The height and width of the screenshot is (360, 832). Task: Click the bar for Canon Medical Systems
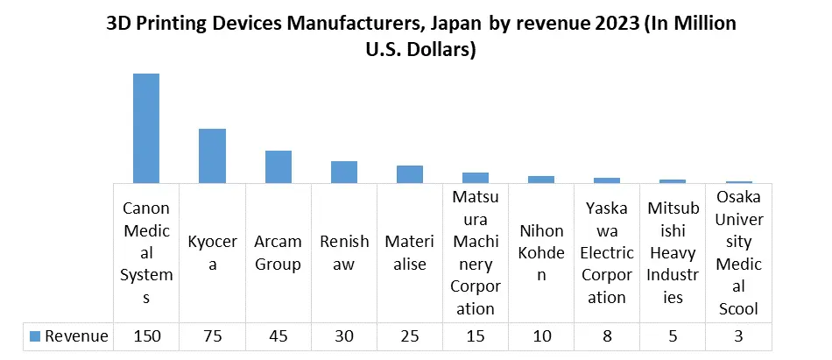pos(146,128)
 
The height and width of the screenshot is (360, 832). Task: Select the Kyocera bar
pos(212,156)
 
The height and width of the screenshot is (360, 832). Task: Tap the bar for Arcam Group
pos(279,166)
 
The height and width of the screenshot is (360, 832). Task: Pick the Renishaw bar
pos(344,172)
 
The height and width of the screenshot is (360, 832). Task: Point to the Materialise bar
pos(410,174)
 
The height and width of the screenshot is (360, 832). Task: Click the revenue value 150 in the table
pos(146,336)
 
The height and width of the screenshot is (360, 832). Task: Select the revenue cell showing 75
pos(212,336)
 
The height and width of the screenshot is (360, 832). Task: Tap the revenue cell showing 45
pos(279,336)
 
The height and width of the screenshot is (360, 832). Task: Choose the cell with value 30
pos(344,336)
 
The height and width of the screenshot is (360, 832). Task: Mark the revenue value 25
pos(410,336)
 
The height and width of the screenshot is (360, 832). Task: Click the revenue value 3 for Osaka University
pos(739,336)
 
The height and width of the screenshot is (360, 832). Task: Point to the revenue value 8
pos(607,336)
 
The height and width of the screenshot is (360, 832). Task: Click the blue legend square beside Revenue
pos(35,336)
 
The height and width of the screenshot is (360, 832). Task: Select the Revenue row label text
pos(76,336)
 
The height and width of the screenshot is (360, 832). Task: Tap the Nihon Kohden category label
pos(541,252)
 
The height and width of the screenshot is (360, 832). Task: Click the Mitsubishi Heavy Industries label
pos(673,252)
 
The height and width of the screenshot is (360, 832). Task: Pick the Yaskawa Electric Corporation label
pos(607,252)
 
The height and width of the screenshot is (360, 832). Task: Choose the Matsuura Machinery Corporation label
pos(476,252)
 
